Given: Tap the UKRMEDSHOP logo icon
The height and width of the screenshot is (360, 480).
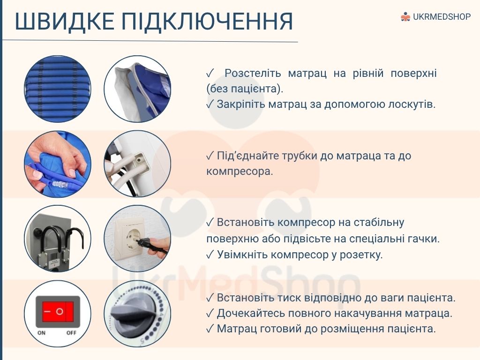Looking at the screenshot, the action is (x=405, y=16).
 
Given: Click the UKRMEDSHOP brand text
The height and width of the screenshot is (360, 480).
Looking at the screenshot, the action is (x=442, y=16).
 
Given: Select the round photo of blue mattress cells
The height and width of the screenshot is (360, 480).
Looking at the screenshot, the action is (x=58, y=89).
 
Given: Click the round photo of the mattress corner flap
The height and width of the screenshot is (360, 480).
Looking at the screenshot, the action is (x=137, y=89).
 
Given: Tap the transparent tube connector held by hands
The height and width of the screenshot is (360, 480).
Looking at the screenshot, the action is (x=57, y=184).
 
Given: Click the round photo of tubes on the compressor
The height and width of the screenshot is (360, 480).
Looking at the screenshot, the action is (x=137, y=164).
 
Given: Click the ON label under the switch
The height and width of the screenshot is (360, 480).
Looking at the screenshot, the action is (x=41, y=333).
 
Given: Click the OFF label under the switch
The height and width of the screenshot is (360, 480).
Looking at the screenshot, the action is (x=71, y=333).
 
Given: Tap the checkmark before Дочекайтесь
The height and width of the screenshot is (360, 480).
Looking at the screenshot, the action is (x=210, y=313).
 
